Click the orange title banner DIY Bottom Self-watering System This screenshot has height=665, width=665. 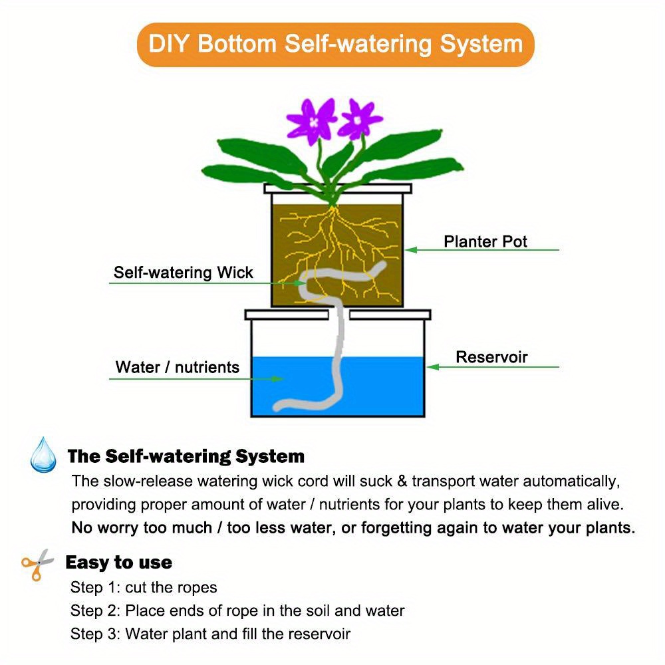pos(335,45)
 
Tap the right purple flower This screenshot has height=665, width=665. pos(360,118)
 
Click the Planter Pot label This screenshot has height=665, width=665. pos(485,241)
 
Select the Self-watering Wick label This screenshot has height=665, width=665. pos(183,273)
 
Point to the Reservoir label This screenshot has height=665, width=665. pos(491,357)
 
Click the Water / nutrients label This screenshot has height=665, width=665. pos(177,367)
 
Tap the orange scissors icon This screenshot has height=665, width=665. pos(38,564)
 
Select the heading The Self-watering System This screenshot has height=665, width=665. pos(186,457)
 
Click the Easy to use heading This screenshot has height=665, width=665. pos(118,563)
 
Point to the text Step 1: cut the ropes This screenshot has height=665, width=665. pos(144,588)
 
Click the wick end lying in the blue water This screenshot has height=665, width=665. pos(286,404)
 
